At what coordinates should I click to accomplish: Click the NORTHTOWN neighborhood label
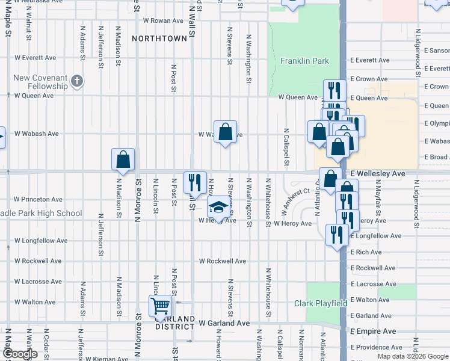[159, 39]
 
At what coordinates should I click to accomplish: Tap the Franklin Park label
[304, 61]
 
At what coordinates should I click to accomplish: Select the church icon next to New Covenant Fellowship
[76, 81]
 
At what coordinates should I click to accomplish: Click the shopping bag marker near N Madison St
[123, 160]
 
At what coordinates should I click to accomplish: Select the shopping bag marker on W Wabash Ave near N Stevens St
[225, 132]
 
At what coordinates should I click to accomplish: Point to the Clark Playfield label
[321, 304]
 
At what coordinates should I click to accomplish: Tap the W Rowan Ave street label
[162, 20]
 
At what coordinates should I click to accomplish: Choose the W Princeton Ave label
[39, 199]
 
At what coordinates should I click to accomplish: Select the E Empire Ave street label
[373, 332]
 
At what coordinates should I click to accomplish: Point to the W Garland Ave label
[224, 323]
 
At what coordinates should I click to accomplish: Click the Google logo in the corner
[19, 354]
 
